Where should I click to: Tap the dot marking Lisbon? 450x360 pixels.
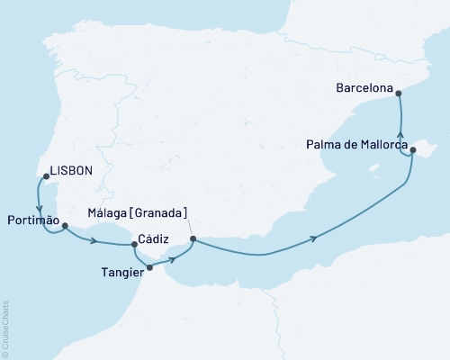point(45,176)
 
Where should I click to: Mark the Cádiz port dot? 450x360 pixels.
point(133,245)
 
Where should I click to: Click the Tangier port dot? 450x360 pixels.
point(149,267)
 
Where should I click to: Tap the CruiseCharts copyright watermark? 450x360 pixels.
point(5,328)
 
